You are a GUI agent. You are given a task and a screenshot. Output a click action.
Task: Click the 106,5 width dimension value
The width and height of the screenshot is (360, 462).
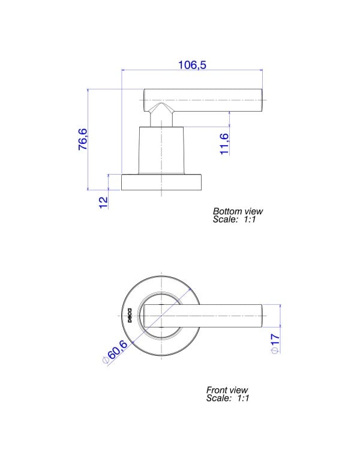pos(192,65)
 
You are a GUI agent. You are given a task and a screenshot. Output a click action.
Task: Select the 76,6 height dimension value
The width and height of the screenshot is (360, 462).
pos(83,139)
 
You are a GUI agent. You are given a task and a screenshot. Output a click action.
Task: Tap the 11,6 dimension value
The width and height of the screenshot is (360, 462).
pos(224,144)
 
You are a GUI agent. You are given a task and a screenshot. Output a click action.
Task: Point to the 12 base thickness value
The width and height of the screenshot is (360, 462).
pos(103,203)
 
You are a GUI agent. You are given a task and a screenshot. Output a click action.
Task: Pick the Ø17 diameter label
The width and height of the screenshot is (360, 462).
pos(275,344)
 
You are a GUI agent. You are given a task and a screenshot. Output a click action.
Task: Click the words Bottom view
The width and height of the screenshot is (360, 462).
pos(238,211)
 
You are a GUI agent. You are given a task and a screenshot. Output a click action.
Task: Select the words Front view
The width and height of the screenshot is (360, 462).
pos(227,390)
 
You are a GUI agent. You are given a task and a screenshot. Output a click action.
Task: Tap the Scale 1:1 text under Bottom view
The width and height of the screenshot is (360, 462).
pos(234,219)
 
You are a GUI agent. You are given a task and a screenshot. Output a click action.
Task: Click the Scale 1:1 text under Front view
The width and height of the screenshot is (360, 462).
pos(228,398)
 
